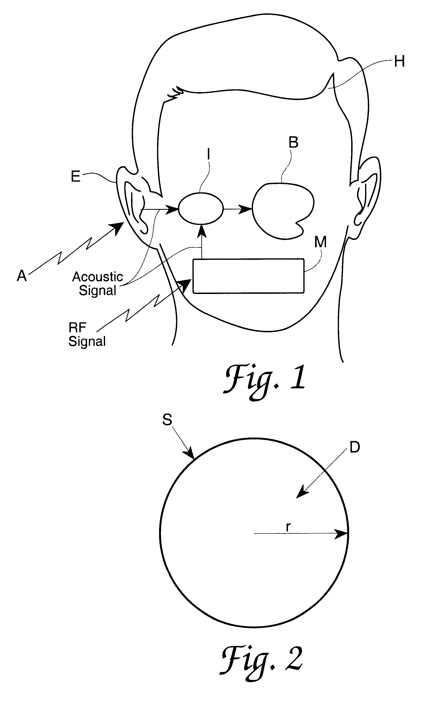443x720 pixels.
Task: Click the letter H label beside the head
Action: click(x=399, y=62)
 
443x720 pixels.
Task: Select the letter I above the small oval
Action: click(x=209, y=154)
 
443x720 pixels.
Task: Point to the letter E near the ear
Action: click(x=76, y=177)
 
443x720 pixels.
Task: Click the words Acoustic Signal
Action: click(x=98, y=283)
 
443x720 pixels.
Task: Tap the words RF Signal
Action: click(x=87, y=334)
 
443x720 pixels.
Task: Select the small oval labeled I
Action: click(x=201, y=208)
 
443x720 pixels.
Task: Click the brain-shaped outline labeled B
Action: click(x=283, y=210)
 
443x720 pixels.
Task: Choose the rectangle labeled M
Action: click(x=248, y=276)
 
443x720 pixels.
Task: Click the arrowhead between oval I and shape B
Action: click(x=245, y=209)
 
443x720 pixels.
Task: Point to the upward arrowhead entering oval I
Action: click(x=201, y=231)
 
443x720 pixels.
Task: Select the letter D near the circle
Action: click(x=355, y=447)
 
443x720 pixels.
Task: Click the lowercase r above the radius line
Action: click(x=288, y=527)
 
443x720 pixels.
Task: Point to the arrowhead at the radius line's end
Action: click(x=341, y=534)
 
